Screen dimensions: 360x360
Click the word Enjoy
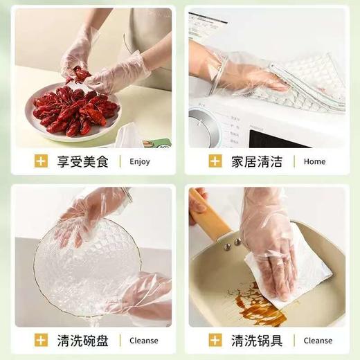pos(139,162)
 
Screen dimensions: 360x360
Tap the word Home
pos(314,162)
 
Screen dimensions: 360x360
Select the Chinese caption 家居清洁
pos(256,162)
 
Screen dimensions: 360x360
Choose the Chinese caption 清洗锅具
pos(256,341)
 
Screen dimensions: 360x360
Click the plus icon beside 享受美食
pos(41,162)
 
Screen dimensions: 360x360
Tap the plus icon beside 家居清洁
pos(216,162)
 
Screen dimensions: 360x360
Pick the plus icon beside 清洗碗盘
pos(41,341)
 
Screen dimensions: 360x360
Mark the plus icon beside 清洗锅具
pos(216,341)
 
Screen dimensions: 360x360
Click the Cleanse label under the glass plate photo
pos(143,341)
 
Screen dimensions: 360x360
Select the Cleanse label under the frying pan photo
pos(318,341)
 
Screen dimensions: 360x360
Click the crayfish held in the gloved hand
pos(81,75)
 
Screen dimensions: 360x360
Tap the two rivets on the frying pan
pos(232,242)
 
